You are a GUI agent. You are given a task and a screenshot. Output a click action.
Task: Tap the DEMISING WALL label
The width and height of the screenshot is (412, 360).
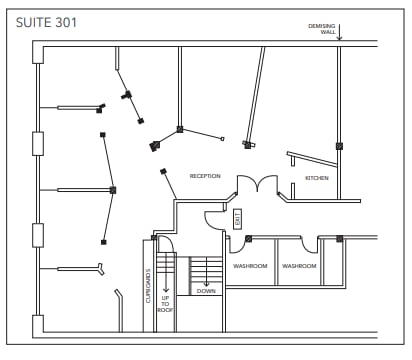322,28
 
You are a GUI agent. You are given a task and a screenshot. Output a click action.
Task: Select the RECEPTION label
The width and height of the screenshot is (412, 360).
205,176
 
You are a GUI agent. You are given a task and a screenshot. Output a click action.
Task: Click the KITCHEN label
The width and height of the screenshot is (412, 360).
317,178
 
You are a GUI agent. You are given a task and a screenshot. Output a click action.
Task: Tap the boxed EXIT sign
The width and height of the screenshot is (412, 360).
238,220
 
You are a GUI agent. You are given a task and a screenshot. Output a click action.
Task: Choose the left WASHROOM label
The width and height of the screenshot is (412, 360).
250,266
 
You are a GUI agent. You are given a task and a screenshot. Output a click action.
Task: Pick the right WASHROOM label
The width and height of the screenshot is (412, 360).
299,266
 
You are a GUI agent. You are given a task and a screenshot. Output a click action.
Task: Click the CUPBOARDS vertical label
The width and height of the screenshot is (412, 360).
148,287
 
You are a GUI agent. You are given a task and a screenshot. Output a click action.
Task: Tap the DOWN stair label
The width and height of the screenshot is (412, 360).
206,291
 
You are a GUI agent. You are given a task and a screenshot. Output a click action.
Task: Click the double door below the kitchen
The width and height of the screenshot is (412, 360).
257,186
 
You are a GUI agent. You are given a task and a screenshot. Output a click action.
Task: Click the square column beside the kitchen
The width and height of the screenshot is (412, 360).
339,146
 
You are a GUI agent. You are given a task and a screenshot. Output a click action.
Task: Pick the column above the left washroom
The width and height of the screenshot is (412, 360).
248,238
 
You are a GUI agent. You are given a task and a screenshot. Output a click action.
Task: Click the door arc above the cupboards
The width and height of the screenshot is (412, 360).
163,243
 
